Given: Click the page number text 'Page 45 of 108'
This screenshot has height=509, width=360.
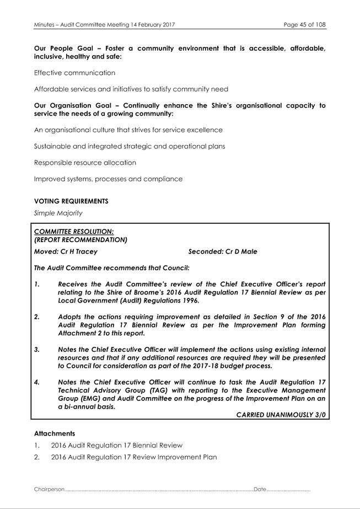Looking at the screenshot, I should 304,25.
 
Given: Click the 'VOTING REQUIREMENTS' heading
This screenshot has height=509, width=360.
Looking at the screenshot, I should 71,201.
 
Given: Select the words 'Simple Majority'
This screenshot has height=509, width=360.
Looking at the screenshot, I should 58,213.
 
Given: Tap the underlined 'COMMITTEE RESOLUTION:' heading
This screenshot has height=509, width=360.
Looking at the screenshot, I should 74,232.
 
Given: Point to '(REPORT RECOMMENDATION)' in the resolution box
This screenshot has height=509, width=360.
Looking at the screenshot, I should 80,240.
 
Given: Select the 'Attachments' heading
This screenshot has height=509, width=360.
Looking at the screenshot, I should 55,433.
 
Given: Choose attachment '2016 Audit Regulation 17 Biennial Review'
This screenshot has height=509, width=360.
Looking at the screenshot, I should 116,445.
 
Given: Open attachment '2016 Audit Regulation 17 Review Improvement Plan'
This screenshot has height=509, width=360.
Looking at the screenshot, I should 133,457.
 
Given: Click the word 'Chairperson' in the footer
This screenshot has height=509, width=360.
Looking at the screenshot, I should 49,489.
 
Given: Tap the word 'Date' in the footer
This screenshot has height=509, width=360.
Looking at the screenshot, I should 260,489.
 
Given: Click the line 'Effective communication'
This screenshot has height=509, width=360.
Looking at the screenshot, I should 74,73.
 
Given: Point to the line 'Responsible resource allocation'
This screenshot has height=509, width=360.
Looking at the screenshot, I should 85,163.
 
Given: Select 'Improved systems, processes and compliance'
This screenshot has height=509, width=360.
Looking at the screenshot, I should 108,179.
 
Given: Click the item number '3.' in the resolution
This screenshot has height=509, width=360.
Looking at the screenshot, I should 37,350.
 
